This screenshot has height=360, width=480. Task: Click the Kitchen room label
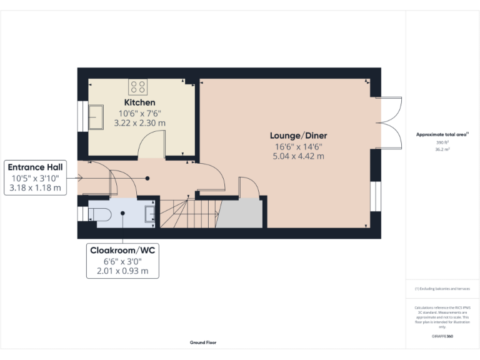139,102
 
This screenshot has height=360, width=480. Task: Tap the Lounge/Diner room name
298,136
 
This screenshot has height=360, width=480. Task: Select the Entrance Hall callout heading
36,167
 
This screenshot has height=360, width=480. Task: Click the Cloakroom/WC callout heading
122,250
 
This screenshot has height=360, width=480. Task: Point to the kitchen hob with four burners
138,86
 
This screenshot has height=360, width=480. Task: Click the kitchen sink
96,117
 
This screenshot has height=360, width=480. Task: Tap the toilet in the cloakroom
100,215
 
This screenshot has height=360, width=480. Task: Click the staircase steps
187,214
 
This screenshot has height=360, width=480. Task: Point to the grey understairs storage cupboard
241,214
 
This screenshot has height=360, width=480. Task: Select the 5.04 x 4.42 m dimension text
298,156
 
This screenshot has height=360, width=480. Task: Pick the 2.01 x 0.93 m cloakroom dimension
122,271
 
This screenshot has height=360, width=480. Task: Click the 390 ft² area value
442,142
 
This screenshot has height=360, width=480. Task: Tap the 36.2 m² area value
442,149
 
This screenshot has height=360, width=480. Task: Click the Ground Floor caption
203,342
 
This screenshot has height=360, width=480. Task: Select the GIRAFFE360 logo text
442,336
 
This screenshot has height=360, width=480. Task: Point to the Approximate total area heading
442,134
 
